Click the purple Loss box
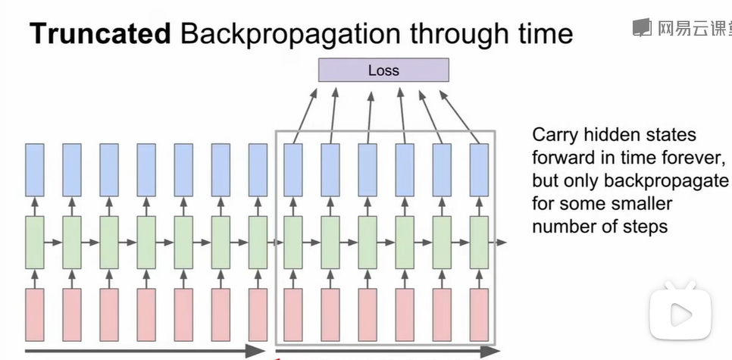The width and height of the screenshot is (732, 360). coord(383,70)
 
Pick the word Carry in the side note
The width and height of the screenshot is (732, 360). coord(555,136)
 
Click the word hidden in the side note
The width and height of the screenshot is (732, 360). coord(614,136)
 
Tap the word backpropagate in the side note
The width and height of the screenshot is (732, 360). coord(665,181)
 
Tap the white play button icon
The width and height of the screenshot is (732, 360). coord(680,313)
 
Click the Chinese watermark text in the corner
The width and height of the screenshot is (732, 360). coord(691,29)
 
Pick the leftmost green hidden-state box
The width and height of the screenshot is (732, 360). coord(35,243)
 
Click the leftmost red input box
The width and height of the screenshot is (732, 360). coord(35,314)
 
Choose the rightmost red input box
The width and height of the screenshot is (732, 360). coord(479,314)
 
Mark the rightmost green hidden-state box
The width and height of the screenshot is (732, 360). coord(479,243)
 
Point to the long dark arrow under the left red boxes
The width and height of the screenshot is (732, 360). coord(144,351)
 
